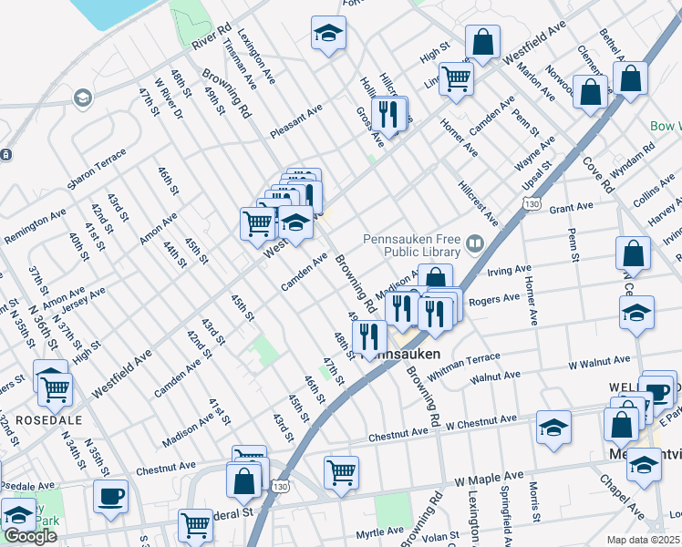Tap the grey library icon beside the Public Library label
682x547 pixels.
click(474, 243)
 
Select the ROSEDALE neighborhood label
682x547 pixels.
click(44, 420)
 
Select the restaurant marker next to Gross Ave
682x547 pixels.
click(390, 114)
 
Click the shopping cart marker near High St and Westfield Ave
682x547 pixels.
click(455, 78)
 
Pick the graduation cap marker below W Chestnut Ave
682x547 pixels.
click(553, 427)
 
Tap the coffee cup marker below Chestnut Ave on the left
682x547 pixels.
click(110, 496)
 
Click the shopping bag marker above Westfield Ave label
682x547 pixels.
click(482, 41)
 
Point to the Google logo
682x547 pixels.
click(30, 536)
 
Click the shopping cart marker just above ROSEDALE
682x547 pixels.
click(56, 389)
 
